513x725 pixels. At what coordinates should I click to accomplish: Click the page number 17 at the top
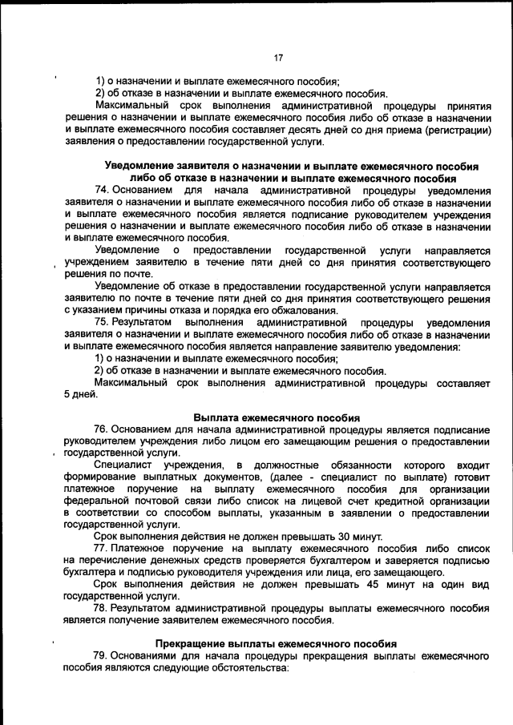(x=279, y=58)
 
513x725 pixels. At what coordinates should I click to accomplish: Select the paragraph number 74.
(x=102, y=190)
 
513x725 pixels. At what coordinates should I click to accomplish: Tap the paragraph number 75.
(x=102, y=322)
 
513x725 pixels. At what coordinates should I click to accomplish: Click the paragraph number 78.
(x=102, y=607)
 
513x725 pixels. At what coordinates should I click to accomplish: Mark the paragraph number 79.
(x=102, y=655)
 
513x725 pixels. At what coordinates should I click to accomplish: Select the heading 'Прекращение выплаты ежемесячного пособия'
(x=277, y=643)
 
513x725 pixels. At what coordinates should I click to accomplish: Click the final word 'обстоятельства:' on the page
(x=231, y=667)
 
